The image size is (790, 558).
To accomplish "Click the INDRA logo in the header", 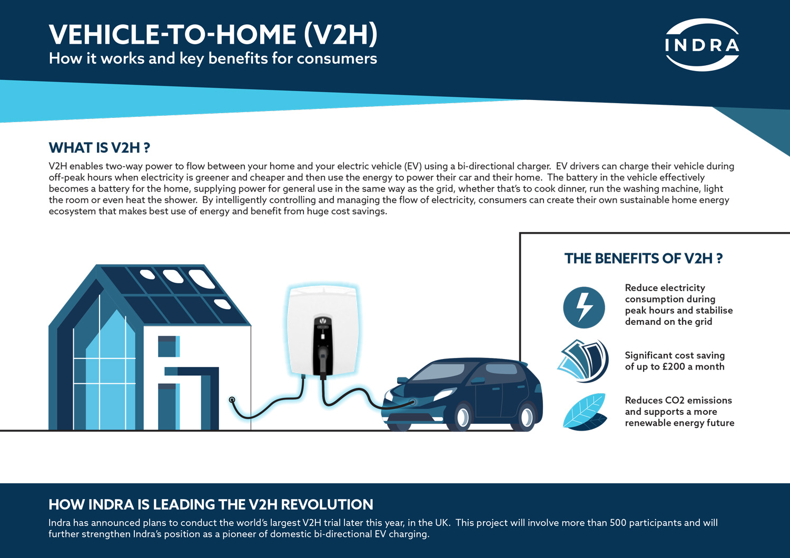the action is (702, 45).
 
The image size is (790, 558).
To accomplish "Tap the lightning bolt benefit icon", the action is (584, 307).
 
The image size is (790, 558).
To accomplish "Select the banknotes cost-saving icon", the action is (584, 361).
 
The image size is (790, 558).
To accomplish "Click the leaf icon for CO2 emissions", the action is (585, 412).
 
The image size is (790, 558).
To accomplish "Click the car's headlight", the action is (445, 394).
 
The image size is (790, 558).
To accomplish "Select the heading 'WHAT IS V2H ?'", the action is (100, 148).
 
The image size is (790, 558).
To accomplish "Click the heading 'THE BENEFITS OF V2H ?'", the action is (644, 258).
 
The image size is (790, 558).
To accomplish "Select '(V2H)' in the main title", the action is (341, 35).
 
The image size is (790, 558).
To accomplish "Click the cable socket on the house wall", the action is (232, 400).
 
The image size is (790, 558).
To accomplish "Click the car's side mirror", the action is (478, 381).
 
